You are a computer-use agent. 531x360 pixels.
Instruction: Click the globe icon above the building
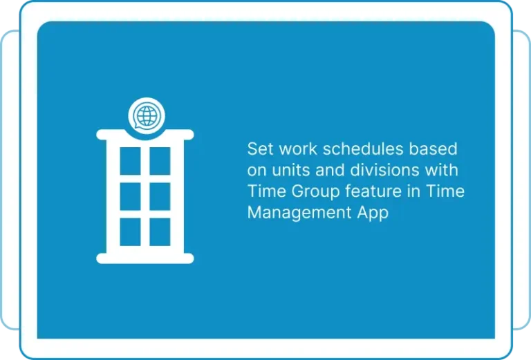pyautogui.click(x=147, y=115)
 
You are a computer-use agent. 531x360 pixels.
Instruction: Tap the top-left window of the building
pyautogui.click(x=131, y=161)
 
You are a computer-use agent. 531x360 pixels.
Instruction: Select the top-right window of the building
pyautogui.click(x=160, y=161)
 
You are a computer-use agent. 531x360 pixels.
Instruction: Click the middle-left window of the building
pyautogui.click(x=131, y=196)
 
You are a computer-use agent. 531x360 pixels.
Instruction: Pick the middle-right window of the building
pyautogui.click(x=160, y=196)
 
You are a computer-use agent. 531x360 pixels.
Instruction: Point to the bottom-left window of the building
pyautogui.click(x=131, y=232)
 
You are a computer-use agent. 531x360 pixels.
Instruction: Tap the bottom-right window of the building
pyautogui.click(x=160, y=232)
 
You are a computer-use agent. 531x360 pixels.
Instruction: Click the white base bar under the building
pyautogui.click(x=145, y=258)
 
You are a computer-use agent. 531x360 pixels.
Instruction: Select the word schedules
pyautogui.click(x=363, y=149)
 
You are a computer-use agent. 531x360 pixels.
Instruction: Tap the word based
pyautogui.click(x=434, y=149)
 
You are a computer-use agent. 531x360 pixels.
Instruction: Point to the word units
pyautogui.click(x=291, y=170)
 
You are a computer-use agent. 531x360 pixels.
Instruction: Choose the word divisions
pyautogui.click(x=384, y=170)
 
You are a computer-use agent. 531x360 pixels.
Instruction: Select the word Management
pyautogui.click(x=299, y=213)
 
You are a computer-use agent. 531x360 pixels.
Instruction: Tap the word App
pyautogui.click(x=373, y=213)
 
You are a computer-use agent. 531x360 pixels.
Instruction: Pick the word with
pyautogui.click(x=442, y=170)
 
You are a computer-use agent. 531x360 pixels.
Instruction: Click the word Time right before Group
pyautogui.click(x=266, y=191)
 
